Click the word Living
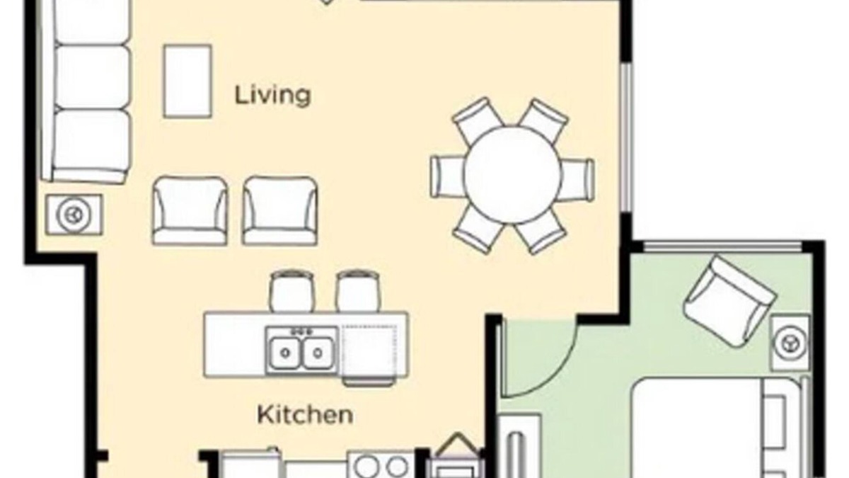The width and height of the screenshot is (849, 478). (273, 96)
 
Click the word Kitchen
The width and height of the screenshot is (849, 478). (305, 415)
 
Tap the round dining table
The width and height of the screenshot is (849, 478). (512, 176)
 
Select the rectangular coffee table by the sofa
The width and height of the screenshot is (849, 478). (187, 81)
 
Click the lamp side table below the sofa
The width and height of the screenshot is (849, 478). (74, 215)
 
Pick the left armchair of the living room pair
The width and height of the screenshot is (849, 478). (190, 210)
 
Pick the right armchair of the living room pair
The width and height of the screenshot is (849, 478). (279, 210)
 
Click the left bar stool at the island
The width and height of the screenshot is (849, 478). (291, 291)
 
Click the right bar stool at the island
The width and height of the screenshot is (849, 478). (357, 291)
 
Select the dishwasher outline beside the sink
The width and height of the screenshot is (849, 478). (369, 350)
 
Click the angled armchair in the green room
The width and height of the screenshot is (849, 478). (729, 302)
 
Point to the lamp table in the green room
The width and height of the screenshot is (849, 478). (791, 343)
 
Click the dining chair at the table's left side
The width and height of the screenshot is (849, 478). (448, 177)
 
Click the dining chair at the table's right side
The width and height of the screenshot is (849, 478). (577, 180)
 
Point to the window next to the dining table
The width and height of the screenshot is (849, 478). (628, 138)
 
